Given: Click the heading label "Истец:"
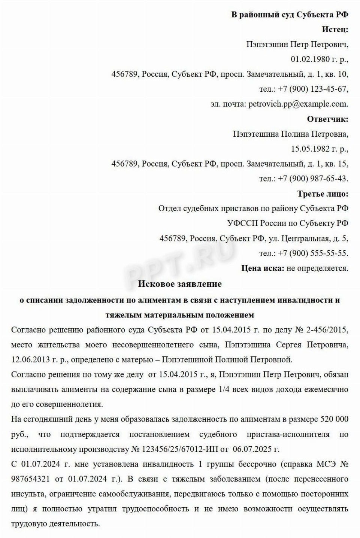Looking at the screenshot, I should [x=335, y=30].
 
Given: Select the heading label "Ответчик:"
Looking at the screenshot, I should [x=327, y=119].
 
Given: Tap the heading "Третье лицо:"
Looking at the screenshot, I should [x=323, y=194].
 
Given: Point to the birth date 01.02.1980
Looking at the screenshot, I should [x=310, y=59].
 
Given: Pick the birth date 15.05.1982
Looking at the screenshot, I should [x=310, y=149].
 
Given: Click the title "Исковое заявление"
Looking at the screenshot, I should [x=180, y=284].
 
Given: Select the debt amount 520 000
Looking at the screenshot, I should [x=334, y=419].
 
